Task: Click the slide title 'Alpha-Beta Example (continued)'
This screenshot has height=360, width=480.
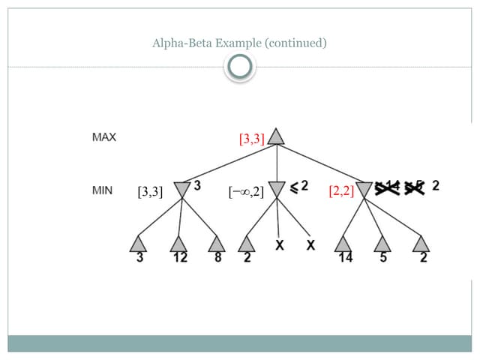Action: tap(239, 43)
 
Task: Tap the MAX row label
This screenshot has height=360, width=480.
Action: tap(103, 137)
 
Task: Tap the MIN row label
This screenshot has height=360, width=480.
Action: tap(102, 190)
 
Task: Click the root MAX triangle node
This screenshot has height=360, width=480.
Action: tap(277, 137)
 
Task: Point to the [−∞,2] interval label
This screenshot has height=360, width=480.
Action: tap(246, 192)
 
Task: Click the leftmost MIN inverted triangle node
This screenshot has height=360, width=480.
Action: tap(181, 190)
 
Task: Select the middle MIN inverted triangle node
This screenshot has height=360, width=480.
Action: tap(277, 190)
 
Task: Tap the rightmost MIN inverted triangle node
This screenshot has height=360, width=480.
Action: tap(365, 190)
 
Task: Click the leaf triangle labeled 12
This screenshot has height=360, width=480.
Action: tap(178, 244)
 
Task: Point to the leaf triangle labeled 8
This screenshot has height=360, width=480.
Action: tap(217, 244)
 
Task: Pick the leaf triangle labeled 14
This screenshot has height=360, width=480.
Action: tap(343, 244)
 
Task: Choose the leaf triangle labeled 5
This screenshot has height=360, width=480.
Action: tap(383, 244)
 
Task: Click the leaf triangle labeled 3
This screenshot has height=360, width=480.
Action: tap(139, 244)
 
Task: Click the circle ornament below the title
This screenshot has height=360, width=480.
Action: tap(239, 68)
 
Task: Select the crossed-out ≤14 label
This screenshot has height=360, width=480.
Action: tap(388, 188)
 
